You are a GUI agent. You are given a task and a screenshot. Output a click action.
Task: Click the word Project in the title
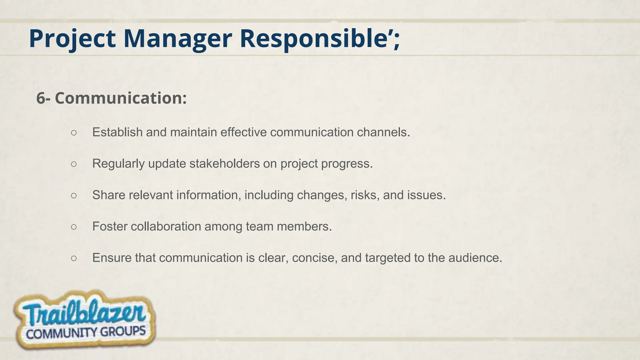pos(72,39)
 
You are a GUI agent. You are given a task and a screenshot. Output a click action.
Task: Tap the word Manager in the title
pos(177,39)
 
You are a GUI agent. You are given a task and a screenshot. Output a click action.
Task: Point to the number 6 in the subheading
pos(41,98)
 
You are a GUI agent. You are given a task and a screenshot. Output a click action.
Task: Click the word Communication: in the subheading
pos(121,98)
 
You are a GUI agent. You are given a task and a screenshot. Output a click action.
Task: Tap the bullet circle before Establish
pos(74,132)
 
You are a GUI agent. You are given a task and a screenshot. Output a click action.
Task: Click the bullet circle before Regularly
pos(74,164)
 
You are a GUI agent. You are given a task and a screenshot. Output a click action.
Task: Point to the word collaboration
pos(166,226)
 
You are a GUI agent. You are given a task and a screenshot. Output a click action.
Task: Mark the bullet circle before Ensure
pos(74,258)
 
